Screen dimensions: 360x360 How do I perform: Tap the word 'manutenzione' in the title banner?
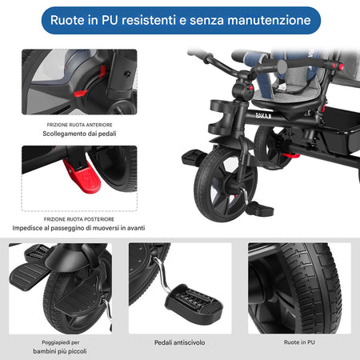(260, 19)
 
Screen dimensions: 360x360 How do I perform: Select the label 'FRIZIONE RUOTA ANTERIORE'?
(78, 123)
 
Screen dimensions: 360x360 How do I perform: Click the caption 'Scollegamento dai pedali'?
(78, 134)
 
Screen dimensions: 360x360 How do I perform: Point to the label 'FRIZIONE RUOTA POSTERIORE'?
(78, 218)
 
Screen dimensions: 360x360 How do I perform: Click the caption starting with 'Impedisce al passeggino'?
(78, 228)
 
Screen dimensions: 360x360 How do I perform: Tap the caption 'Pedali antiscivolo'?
(180, 342)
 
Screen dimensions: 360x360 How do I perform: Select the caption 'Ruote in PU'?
(299, 342)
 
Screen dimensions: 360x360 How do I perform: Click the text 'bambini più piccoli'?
(61, 351)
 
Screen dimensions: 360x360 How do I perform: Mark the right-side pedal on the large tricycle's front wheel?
(257, 209)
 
